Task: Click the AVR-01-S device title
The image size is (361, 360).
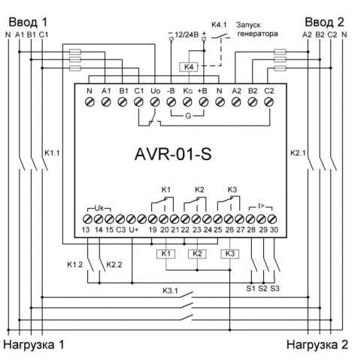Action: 173,154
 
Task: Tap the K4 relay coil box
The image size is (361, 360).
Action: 189,67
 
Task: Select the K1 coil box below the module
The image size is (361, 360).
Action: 166,254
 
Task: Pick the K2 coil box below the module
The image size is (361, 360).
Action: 197,254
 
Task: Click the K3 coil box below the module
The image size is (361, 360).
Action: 230,254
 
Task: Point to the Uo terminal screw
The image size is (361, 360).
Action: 155,102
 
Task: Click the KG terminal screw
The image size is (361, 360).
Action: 187,102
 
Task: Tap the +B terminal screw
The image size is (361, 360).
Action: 204,102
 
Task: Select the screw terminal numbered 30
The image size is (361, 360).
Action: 272,219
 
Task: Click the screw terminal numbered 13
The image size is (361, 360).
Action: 87,219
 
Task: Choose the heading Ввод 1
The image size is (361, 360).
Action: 28,23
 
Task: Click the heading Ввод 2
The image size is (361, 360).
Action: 324,23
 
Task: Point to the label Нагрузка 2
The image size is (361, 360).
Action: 317,345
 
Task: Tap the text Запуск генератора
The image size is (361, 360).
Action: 257,29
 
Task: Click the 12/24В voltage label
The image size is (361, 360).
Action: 187,35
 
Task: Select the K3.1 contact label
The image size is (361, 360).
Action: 170,291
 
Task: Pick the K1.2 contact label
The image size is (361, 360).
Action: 75,265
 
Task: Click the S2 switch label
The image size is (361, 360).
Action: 262,289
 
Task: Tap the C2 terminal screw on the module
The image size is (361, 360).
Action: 269,102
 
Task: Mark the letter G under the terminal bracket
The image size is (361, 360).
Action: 188,116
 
